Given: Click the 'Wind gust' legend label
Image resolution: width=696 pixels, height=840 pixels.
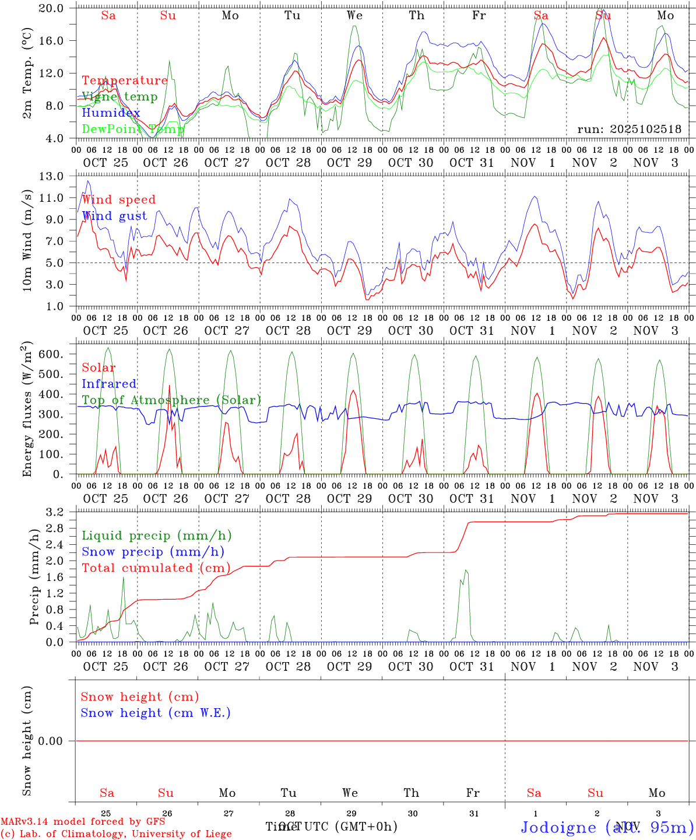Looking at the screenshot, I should [114, 216].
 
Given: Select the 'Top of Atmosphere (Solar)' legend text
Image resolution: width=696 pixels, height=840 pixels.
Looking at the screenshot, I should [171, 400].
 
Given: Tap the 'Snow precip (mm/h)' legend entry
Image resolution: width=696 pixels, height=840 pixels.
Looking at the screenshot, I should [153, 552].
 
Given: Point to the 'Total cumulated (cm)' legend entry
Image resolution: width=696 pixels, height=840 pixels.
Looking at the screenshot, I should [156, 568].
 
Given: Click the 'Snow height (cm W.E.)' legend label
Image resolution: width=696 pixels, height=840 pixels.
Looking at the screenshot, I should [155, 713].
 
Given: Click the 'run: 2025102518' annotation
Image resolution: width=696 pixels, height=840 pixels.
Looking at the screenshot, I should [629, 129].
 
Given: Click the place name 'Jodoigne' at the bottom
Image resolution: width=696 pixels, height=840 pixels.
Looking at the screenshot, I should [558, 827].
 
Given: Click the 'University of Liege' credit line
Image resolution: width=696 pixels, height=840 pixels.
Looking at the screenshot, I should [117, 834].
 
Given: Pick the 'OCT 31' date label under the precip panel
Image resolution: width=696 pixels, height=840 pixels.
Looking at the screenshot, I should [472, 666].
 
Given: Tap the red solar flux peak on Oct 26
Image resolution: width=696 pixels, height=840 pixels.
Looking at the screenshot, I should [170, 385].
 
